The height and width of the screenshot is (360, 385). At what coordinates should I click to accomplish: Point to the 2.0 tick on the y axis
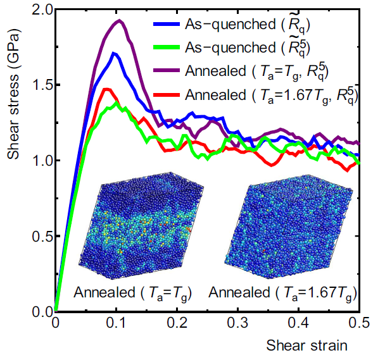coord(39,10)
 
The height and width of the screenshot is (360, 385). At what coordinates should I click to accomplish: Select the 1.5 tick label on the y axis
coord(39,85)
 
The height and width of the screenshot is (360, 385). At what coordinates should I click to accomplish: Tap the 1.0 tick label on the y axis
coord(39,161)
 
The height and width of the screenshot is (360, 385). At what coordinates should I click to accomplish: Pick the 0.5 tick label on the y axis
coord(39,236)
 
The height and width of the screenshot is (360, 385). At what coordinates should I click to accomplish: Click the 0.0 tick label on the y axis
coord(39,311)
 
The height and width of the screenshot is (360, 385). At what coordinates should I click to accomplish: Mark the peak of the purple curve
coord(118,21)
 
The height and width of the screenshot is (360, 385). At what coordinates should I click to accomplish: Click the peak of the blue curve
coord(113,53)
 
